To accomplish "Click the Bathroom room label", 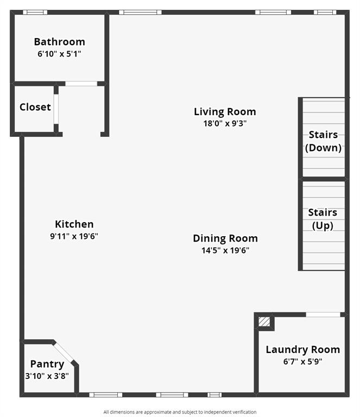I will coord(59,42).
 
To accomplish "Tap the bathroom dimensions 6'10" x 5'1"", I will coord(59,54).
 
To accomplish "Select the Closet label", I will coord(35,107).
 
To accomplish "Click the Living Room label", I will coord(225,112).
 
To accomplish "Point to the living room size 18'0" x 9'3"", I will coord(225,123).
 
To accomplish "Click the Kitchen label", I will coord(74,224).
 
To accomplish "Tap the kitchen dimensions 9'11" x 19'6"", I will coord(74,236).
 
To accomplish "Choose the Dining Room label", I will coord(225,238).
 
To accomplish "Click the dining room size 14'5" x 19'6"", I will coord(225,250).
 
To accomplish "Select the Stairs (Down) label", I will coord(323,141).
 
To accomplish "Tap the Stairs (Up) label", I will coord(323,219).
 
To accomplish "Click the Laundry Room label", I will coord(302,350).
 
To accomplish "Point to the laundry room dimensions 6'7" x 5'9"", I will coord(302,362).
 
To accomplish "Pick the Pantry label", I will coord(47,364).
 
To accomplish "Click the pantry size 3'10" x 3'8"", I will coord(47,375).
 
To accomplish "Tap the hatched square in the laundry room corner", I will coord(264,322).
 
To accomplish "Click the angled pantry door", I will coord(65,353).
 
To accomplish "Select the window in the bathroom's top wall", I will coord(35,12).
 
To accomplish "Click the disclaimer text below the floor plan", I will coord(180,412).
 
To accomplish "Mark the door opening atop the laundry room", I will coord(323,314).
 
